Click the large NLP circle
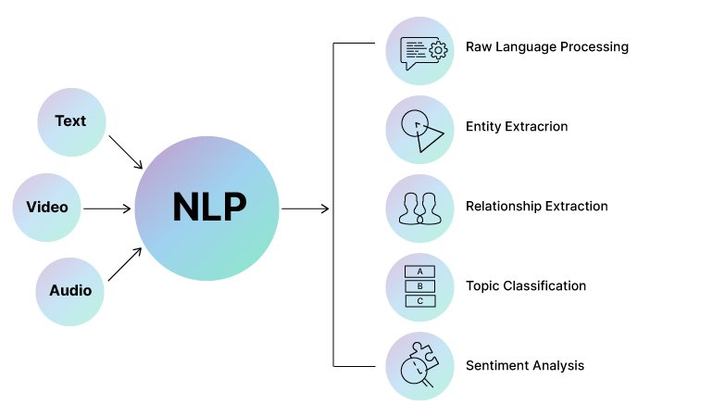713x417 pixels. tap(208, 208)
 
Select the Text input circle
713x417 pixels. tap(70, 121)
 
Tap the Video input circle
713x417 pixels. tap(47, 207)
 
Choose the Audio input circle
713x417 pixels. tap(70, 291)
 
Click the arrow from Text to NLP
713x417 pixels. tap(125, 152)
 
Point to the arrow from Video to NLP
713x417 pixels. tap(107, 208)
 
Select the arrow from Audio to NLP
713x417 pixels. tap(125, 264)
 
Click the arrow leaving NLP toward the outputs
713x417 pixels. tap(305, 208)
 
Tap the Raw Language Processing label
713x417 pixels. tap(547, 46)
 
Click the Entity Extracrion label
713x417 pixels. tap(517, 126)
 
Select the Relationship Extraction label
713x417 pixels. tap(537, 206)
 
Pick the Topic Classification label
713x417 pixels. tap(526, 285)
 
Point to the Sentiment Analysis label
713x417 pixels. tap(525, 365)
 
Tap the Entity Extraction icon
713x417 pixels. tap(420, 130)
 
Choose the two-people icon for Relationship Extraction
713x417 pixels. tap(419, 208)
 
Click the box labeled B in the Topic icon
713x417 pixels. tap(419, 286)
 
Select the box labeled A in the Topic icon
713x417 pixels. tap(419, 272)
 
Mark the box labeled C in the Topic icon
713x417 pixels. tap(419, 301)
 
